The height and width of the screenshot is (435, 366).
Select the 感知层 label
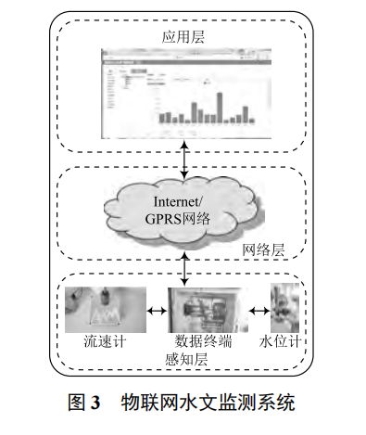point(185,358)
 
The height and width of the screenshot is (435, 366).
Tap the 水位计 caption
point(285,340)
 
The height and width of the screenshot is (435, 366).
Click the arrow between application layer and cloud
point(186,160)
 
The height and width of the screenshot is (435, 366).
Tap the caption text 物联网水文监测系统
point(206,404)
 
